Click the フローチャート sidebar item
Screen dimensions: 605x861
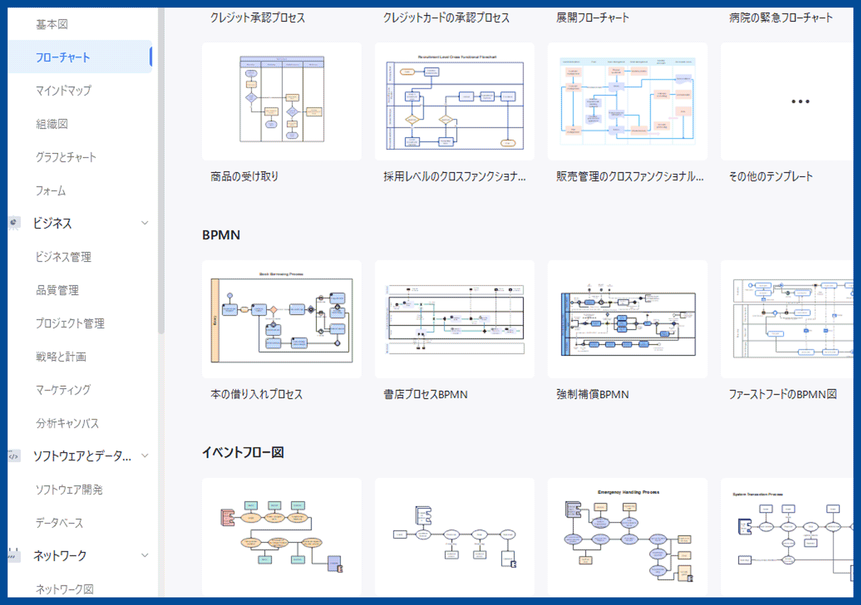63,57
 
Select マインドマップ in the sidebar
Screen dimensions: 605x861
63,90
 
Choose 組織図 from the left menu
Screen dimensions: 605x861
52,124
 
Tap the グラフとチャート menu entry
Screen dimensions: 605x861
66,157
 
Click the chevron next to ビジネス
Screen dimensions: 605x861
145,223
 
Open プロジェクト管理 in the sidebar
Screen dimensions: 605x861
70,323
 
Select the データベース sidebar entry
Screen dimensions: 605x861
59,523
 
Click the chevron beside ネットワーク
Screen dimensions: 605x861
145,555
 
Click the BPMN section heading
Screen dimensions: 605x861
221,235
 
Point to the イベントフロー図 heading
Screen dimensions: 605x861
243,453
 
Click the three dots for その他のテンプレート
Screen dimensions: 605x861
800,102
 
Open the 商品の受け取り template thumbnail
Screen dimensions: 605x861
282,101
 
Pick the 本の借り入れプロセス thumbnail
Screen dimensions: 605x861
282,319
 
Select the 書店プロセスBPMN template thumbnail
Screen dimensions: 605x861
455,319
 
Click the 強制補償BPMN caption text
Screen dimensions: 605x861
592,395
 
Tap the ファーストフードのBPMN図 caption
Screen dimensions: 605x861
782,395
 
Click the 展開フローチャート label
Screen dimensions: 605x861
592,18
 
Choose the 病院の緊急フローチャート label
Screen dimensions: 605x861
780,18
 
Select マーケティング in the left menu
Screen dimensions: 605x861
63,390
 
